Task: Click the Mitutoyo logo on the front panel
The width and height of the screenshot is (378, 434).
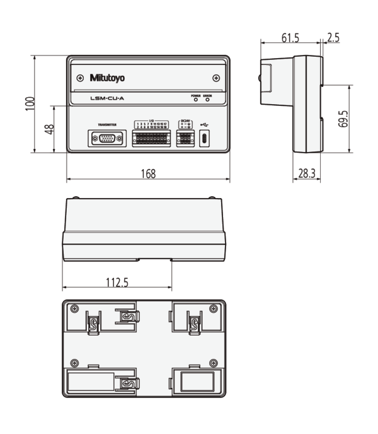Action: [107, 78]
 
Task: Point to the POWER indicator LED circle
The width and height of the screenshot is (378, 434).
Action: [195, 99]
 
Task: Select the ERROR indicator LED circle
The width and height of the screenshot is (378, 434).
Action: [207, 99]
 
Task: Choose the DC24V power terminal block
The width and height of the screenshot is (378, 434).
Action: [185, 136]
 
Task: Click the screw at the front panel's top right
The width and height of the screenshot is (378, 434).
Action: [216, 78]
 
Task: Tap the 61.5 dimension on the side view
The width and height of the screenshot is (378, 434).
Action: [290, 38]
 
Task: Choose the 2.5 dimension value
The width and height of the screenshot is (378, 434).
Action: [333, 38]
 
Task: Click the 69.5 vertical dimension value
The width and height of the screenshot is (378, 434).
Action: [343, 119]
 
